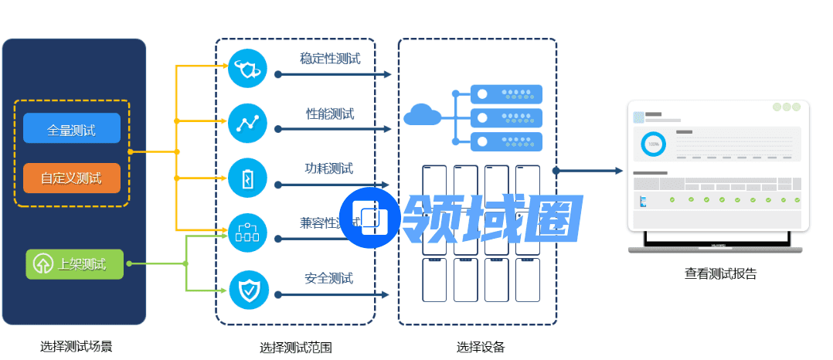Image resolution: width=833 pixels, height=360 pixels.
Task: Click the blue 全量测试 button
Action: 72,129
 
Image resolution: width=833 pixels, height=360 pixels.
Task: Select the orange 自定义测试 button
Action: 72,178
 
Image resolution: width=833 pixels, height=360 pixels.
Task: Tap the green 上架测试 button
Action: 75,264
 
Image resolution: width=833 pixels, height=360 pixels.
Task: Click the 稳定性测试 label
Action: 330,59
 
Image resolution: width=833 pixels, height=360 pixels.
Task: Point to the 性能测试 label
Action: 330,114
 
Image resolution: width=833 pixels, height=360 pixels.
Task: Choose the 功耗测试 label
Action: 328,168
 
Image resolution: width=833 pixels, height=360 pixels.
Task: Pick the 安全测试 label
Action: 328,278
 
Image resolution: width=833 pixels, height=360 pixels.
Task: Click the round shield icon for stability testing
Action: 248,69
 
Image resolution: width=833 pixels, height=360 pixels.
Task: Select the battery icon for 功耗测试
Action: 248,178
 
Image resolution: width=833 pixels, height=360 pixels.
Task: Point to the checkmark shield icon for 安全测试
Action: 248,290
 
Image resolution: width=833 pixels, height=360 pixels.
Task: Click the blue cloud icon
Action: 422,116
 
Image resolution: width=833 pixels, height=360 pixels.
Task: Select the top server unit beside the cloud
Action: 506,94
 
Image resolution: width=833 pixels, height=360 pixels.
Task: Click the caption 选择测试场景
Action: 76,346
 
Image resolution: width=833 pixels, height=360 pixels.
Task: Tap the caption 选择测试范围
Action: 295,348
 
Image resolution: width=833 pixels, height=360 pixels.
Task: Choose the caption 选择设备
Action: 480,347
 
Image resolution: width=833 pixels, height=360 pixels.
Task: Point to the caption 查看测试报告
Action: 720,273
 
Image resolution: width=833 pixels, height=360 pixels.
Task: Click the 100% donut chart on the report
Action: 654,144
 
